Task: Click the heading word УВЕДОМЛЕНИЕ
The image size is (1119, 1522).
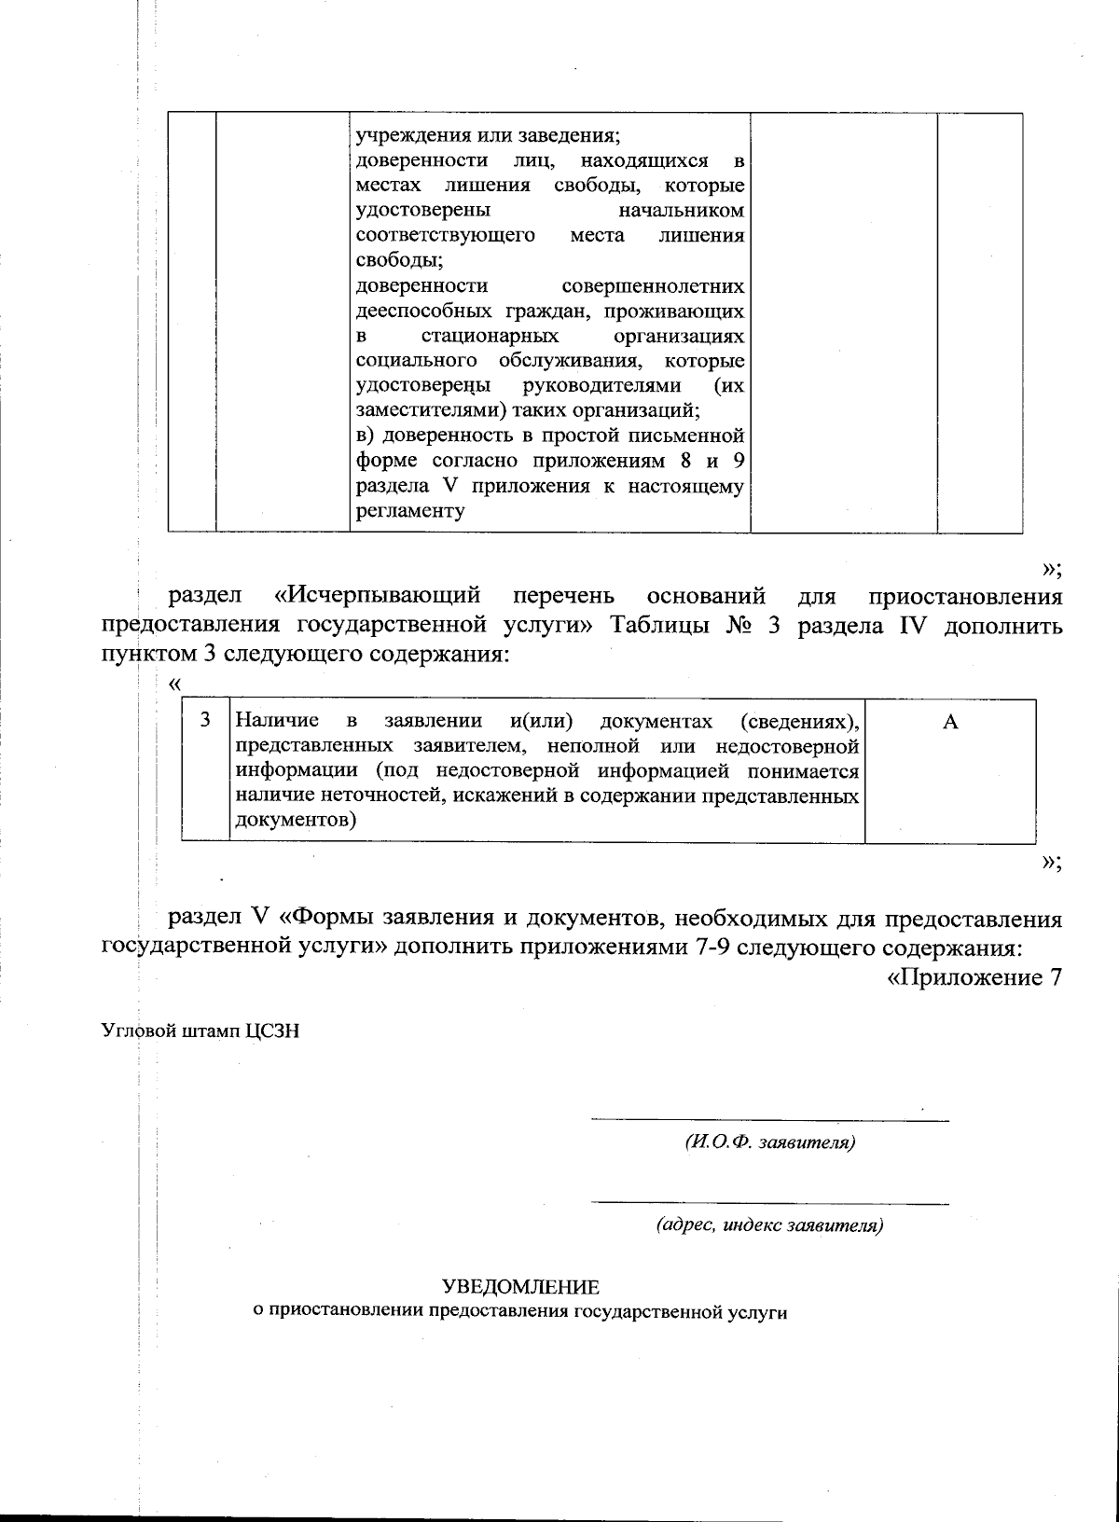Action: pos(520,1288)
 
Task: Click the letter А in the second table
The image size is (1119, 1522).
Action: pos(950,722)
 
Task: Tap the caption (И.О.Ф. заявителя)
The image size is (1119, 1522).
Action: pos(769,1142)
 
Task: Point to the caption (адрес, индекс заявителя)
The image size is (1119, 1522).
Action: pos(769,1225)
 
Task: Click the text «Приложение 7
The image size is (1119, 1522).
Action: pos(974,977)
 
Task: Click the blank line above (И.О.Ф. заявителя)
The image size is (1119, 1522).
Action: pos(769,1119)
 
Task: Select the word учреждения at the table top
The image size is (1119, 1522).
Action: pos(407,135)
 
